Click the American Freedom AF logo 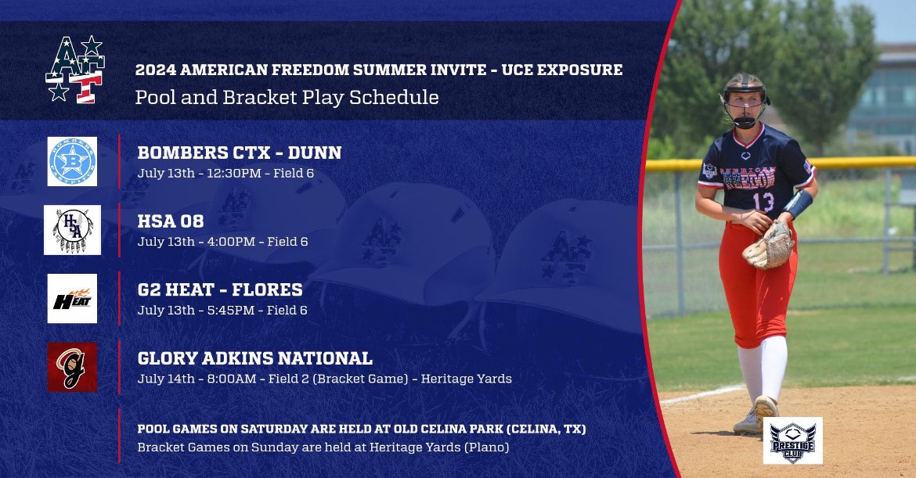coord(75,69)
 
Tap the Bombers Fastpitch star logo coord(73,162)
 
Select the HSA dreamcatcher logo coord(73,230)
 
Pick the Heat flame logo coord(73,299)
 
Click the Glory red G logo coord(73,367)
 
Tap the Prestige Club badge coord(793,440)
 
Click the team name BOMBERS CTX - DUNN coord(240,153)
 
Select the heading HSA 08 coord(171,221)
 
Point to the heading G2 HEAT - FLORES coord(220,289)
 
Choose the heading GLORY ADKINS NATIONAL coord(254,358)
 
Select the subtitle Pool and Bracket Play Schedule coord(287,97)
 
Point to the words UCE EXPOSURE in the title coord(562,70)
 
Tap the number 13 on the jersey coord(763,202)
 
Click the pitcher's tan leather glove coord(770,246)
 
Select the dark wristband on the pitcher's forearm coord(798,203)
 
